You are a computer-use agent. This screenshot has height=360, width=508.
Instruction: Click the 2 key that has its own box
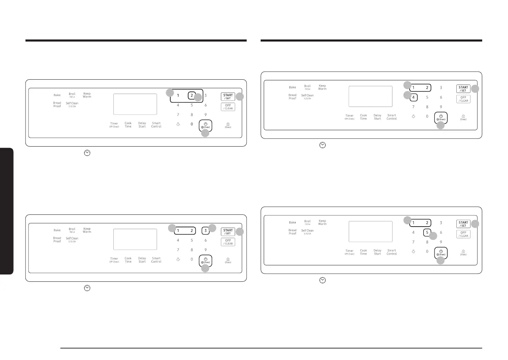tap(192, 95)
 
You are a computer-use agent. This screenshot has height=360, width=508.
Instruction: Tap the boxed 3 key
tap(206, 230)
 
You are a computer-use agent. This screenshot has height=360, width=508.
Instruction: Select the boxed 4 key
tap(413, 97)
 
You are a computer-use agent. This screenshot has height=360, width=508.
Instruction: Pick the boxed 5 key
tap(427, 233)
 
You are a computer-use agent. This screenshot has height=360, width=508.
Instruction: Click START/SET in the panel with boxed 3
tap(228, 232)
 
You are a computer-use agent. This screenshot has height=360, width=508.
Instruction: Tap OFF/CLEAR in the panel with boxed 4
tap(463, 99)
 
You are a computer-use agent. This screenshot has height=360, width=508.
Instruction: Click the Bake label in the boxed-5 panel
tap(292, 222)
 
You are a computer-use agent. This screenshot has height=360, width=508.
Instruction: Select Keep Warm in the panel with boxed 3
tap(87, 230)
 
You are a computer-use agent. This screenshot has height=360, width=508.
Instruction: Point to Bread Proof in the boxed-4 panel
tap(292, 97)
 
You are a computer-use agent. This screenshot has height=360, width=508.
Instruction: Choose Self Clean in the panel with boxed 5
tap(307, 232)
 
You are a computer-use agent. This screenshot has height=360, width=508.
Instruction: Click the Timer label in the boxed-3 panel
tap(114, 260)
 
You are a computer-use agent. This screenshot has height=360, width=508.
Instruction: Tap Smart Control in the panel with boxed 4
tap(391, 117)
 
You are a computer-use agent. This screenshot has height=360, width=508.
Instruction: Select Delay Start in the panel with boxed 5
tap(378, 252)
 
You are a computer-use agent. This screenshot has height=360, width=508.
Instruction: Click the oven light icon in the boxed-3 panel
tap(178, 259)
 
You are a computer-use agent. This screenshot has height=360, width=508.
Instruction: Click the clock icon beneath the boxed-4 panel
tap(322, 145)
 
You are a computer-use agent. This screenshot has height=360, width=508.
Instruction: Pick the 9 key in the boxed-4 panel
tap(441, 107)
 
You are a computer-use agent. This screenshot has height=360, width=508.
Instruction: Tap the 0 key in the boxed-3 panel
tap(192, 259)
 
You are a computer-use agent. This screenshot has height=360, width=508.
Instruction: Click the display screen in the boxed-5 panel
tap(371, 232)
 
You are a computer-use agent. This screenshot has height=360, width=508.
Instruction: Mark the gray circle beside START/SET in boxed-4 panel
tap(475, 89)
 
